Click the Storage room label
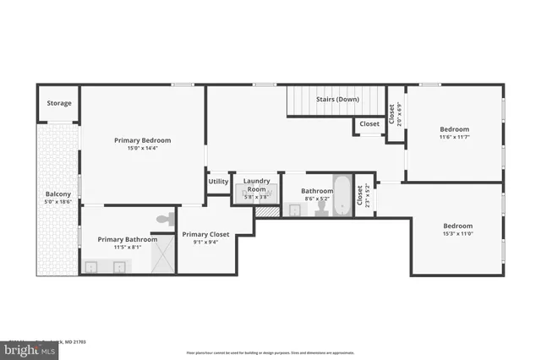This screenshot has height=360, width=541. pyautogui.click(x=59, y=103)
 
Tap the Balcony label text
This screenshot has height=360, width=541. pyautogui.click(x=57, y=194)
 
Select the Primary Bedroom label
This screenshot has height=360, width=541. pyautogui.click(x=143, y=139)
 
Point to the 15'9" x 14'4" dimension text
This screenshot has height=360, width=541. pyautogui.click(x=143, y=148)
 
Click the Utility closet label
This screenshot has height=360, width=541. pyautogui.click(x=218, y=182)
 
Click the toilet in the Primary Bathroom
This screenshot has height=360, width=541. pyautogui.click(x=164, y=219)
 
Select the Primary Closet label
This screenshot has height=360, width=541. pyautogui.click(x=205, y=234)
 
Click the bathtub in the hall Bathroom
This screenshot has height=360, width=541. pyautogui.click(x=342, y=195)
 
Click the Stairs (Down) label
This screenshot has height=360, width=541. pyautogui.click(x=338, y=99)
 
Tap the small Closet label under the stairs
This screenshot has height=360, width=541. pyautogui.click(x=369, y=124)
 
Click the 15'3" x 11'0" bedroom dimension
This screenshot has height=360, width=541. pyautogui.click(x=457, y=233)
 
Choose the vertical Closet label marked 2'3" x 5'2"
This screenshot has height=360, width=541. pyautogui.click(x=361, y=197)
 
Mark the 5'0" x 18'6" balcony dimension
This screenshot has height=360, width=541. pyautogui.click(x=57, y=202)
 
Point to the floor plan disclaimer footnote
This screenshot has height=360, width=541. pyautogui.click(x=270, y=352)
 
